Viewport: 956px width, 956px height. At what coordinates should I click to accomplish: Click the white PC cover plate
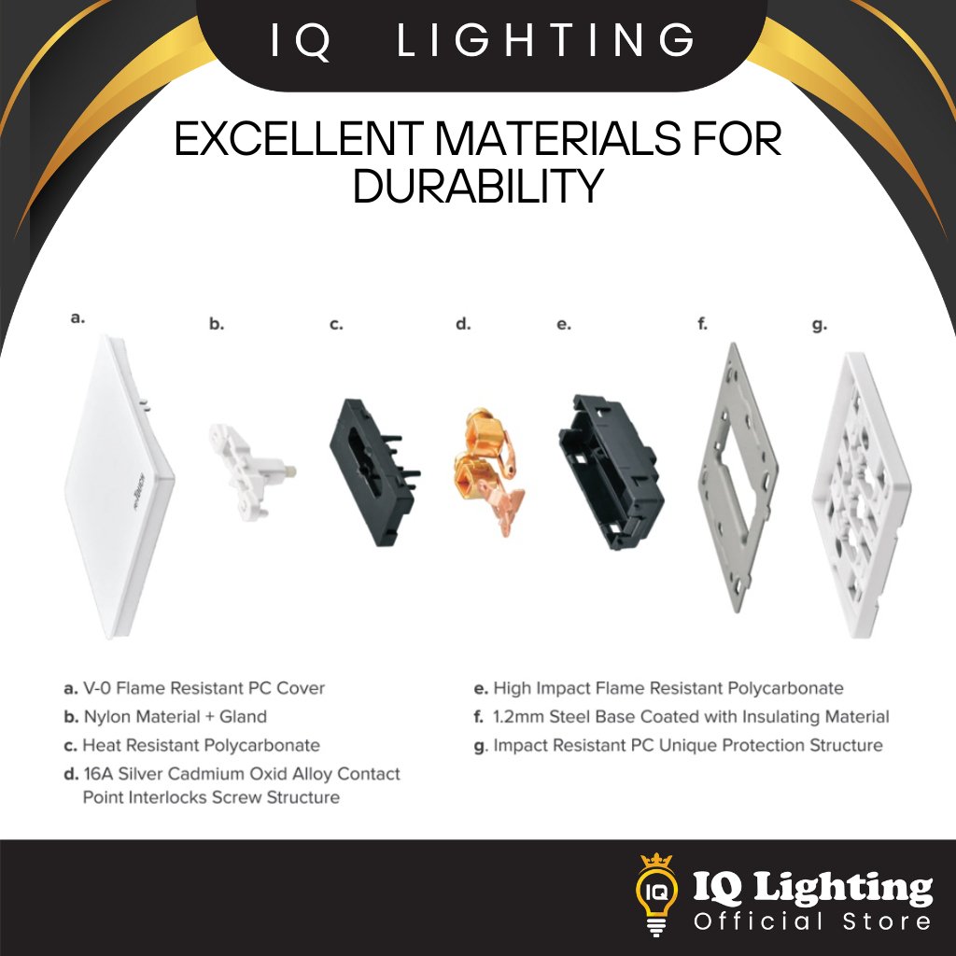119,487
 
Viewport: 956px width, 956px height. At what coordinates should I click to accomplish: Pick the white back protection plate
861,495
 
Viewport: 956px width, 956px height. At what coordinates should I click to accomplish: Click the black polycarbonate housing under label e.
611,471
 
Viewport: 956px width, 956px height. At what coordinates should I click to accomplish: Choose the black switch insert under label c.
373,472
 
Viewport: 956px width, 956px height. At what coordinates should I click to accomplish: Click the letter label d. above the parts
463,324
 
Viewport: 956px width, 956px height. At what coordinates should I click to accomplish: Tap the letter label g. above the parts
820,326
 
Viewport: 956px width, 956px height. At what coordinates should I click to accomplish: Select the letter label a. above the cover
77,317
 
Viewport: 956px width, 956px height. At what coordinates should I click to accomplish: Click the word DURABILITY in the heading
479,186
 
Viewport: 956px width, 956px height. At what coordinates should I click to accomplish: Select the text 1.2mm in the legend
518,717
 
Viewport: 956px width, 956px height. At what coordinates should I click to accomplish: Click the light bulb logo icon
656,893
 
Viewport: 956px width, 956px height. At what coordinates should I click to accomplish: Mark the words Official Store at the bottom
812,921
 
